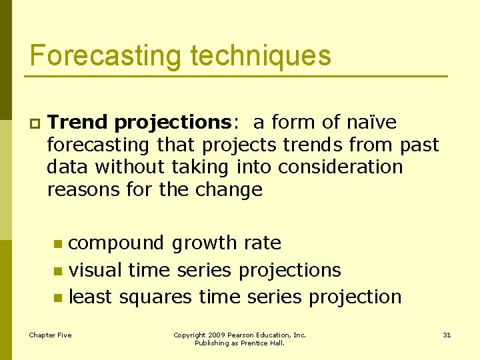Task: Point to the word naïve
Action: [371, 123]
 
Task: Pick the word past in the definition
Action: [420, 145]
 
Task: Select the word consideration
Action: [341, 167]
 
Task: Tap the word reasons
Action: [83, 190]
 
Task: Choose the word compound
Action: [117, 243]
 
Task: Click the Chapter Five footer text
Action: [50, 335]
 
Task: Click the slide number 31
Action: [447, 335]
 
